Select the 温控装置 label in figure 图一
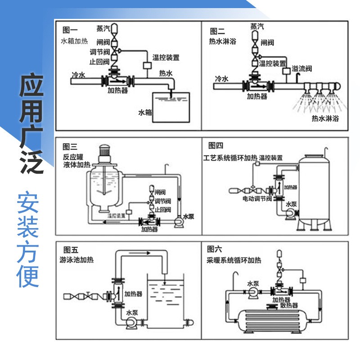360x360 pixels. tap(166, 58)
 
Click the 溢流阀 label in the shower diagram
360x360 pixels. tap(302, 69)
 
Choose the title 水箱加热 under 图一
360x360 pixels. tap(75, 40)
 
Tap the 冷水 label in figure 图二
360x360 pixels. tap(221, 79)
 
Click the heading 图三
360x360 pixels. tap(70, 146)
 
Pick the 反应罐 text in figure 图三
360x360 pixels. tap(73, 157)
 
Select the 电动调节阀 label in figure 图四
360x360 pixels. tap(257, 198)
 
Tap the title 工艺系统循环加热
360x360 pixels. tap(230, 157)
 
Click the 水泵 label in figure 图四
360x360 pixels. tap(291, 204)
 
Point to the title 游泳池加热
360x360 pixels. tap(76, 260)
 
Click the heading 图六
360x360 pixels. tap(215, 249)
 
